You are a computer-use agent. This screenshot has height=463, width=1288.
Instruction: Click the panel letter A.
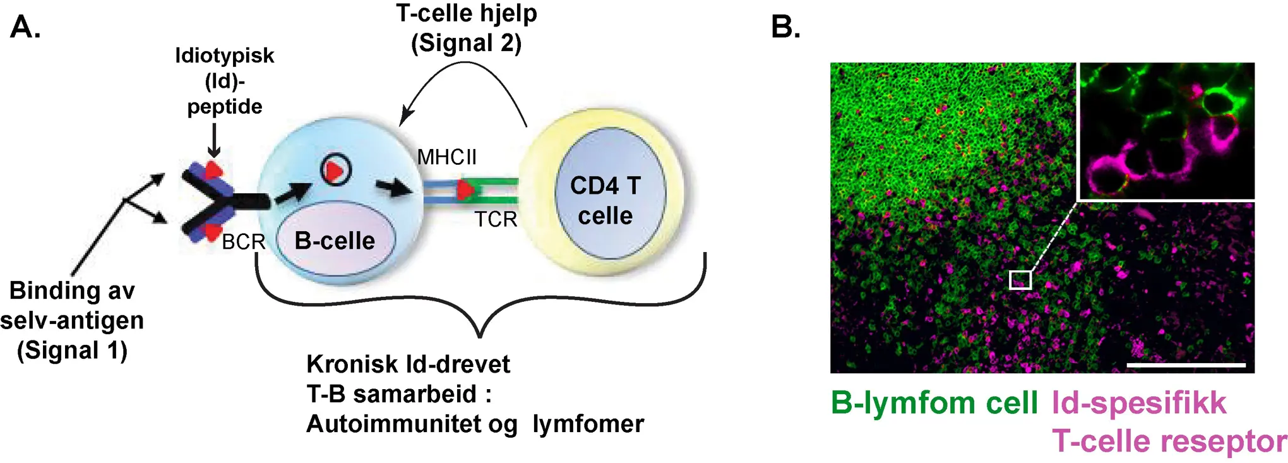(25, 27)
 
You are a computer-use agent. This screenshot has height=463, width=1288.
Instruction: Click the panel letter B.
(785, 27)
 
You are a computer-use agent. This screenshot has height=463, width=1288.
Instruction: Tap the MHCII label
(447, 157)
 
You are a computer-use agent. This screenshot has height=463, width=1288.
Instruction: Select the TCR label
(496, 219)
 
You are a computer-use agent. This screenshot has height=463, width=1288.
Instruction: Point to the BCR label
(243, 241)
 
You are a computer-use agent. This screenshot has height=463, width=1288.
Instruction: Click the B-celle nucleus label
(335, 241)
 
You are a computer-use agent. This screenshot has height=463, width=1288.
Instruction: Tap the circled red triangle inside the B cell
(335, 170)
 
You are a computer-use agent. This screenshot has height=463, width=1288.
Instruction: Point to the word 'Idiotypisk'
(224, 56)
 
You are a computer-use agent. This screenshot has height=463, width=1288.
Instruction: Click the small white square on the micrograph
(1020, 280)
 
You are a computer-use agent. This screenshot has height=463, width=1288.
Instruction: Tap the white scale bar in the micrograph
(1185, 365)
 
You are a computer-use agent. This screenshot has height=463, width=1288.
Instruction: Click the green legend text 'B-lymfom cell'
(934, 402)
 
